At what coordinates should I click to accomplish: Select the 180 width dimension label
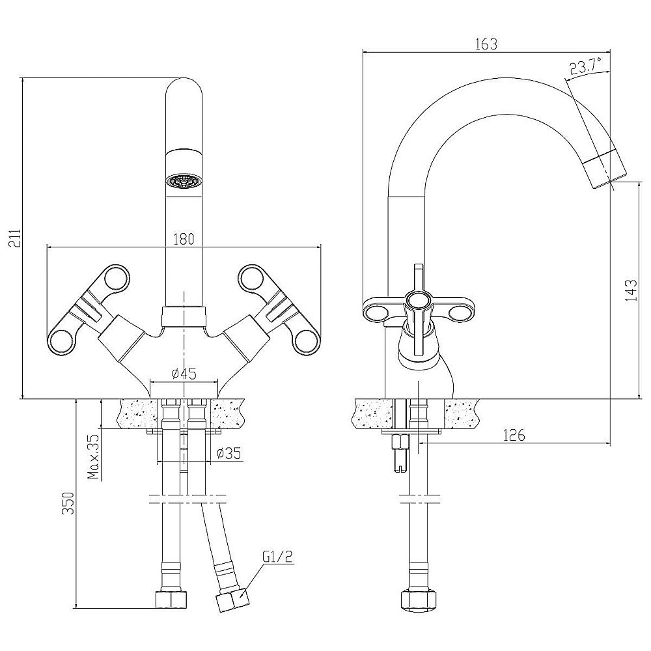click(183, 239)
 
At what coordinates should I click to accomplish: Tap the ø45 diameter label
click(184, 374)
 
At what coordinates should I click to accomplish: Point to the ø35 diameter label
click(229, 453)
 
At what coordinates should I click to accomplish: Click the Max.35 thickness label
click(94, 457)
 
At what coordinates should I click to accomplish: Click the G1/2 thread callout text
click(278, 557)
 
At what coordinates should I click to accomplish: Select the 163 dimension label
click(486, 44)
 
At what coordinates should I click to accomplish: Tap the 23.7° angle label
click(586, 66)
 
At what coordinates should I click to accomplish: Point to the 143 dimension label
click(631, 290)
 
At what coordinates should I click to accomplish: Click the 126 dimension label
click(514, 435)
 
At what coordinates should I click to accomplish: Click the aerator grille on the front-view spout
click(184, 181)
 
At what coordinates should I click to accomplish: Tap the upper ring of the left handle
click(117, 278)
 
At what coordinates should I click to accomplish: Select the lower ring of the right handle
click(308, 342)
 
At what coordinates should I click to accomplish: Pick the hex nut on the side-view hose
click(419, 599)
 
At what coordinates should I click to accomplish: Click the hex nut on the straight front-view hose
click(171, 599)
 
